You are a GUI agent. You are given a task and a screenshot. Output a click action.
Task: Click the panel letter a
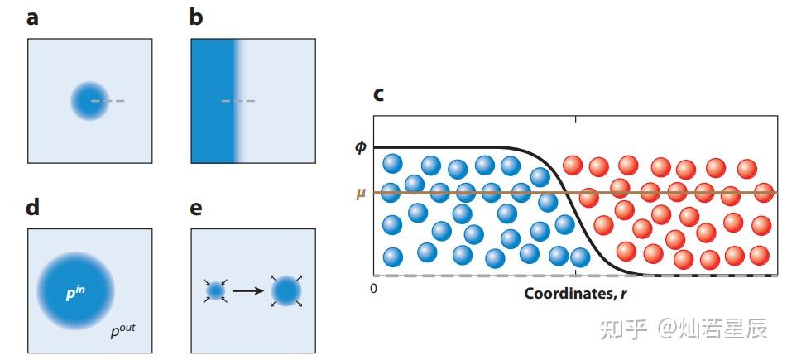[x=32, y=19]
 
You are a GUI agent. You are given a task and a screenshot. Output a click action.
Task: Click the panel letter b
[x=196, y=17]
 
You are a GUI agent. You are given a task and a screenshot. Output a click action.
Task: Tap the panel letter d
[x=32, y=206]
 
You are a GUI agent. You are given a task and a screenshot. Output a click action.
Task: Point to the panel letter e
[x=196, y=209]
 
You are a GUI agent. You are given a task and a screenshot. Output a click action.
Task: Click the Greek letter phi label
[x=361, y=148]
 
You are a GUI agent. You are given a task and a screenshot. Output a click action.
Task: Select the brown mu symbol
[x=361, y=194]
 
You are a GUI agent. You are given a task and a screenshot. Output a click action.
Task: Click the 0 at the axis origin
[x=373, y=288]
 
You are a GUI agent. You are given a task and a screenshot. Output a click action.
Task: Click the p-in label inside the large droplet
[x=75, y=293]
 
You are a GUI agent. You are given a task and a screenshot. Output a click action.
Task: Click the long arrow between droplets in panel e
[x=248, y=290]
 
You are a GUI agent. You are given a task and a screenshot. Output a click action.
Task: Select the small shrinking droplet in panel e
[x=216, y=290]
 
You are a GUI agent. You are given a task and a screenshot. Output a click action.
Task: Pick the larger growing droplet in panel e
[x=286, y=291]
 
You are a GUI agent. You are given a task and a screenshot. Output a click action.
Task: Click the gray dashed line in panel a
[x=108, y=102]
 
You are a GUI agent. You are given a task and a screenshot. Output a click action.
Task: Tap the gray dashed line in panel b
[x=238, y=102]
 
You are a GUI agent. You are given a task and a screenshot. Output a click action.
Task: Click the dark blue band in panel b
[x=214, y=101]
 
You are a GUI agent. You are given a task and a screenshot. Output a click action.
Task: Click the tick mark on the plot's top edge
[x=575, y=119]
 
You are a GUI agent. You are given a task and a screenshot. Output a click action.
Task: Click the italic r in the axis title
[x=623, y=294]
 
